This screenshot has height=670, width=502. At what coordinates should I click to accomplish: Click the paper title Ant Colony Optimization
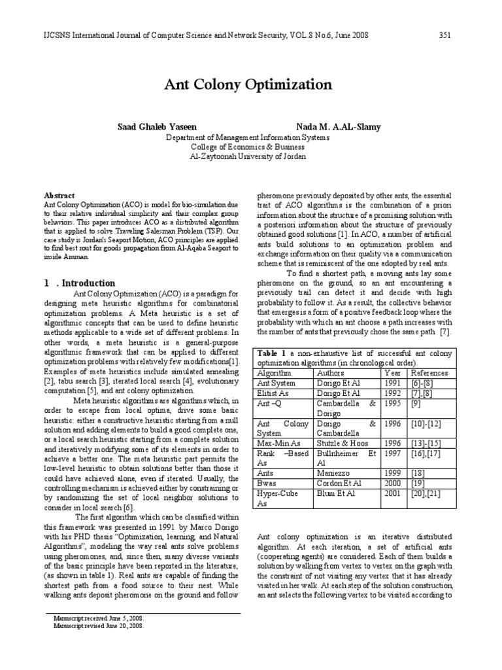[252, 84]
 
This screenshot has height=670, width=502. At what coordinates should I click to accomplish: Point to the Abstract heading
[58, 196]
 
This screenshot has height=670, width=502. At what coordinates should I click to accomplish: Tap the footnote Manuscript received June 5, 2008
[99, 618]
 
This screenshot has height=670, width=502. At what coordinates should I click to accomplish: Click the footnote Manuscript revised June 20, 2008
[99, 625]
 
